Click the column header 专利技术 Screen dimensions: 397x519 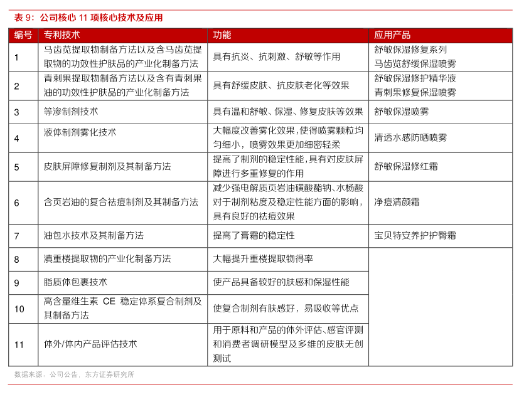point(62,35)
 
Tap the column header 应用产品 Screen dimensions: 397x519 point(392,35)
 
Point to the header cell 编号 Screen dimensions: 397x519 point(23,35)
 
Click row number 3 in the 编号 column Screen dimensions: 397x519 point(17,112)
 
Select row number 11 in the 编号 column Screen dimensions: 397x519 point(19,344)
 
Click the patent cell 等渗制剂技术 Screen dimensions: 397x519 point(71,112)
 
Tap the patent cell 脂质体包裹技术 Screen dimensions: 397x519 point(75,282)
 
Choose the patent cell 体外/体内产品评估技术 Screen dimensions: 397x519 point(90,344)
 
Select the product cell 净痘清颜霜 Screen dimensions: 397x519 point(397,202)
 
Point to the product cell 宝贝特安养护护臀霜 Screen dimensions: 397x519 point(415,236)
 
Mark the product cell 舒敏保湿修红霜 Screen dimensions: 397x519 point(406,166)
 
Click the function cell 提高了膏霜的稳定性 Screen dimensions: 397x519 point(254,236)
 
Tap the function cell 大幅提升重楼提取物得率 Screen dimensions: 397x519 point(263,259)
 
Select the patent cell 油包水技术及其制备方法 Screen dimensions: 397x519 point(94,236)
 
